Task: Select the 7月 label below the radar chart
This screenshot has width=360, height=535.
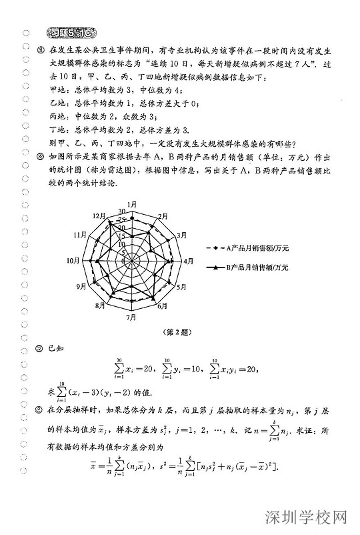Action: (133, 318)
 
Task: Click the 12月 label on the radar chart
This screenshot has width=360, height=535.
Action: (101, 215)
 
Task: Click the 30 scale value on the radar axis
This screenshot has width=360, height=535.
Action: (122, 211)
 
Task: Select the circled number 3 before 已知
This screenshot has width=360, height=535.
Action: (41, 348)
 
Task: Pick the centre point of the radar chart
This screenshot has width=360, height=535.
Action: (132, 260)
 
